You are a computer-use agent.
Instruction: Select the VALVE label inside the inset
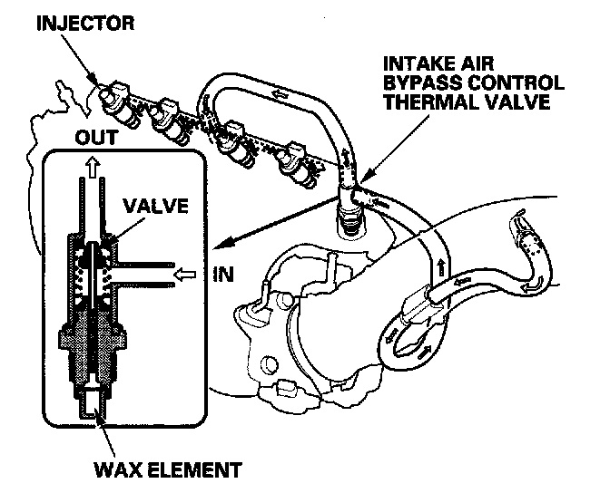point(158,206)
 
